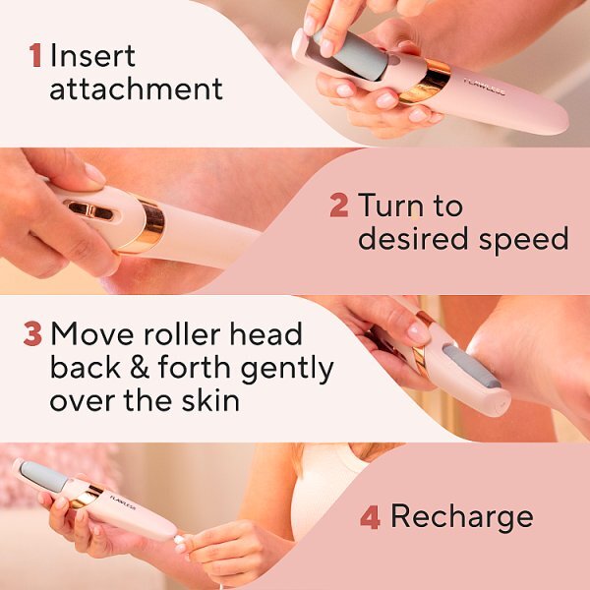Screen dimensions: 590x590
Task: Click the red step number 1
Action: tap(35, 56)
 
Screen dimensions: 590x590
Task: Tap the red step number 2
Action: tap(338, 206)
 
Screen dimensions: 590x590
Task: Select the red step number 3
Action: tap(32, 333)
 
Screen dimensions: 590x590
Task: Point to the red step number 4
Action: tap(370, 517)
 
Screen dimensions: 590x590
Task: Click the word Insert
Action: tap(92, 56)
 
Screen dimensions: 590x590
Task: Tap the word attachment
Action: tap(137, 88)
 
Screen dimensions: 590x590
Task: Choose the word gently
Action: tap(287, 369)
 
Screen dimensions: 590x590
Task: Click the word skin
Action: tap(210, 399)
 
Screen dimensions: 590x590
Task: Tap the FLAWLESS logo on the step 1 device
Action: tap(484, 87)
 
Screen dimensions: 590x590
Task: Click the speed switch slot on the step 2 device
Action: tap(89, 210)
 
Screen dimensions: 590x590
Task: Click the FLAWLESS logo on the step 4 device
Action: tap(123, 501)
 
